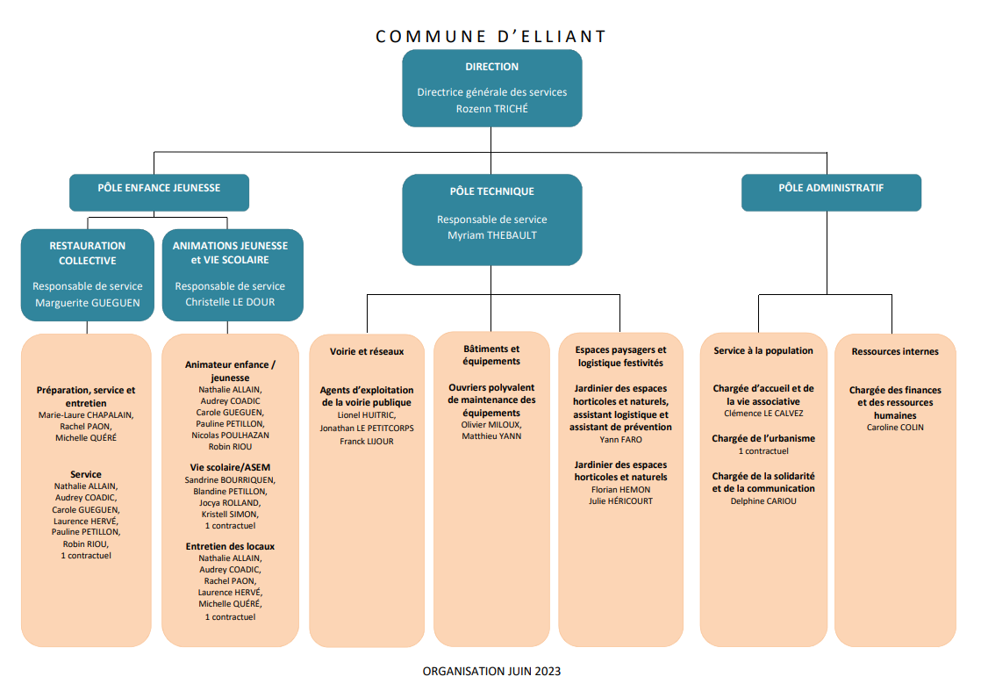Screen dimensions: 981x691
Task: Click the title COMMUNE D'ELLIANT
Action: click(491, 36)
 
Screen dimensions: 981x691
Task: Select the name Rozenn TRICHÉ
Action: click(491, 109)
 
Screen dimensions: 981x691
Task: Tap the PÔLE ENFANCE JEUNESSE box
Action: click(159, 192)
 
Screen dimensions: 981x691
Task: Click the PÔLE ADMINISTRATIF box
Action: click(831, 192)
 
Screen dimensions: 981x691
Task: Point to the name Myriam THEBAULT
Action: click(491, 235)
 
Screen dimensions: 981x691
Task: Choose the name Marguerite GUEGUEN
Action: click(88, 303)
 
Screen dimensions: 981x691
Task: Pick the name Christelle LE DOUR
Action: click(230, 302)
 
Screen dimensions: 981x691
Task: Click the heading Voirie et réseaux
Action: click(367, 352)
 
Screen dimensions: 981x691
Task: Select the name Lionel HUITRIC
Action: click(367, 415)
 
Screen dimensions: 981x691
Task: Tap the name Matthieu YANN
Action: click(491, 436)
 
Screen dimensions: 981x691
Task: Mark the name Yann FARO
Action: click(620, 439)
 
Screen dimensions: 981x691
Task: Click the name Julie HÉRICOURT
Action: click(620, 500)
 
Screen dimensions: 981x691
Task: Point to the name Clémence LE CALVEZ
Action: click(763, 413)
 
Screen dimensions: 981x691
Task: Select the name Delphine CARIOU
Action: click(763, 500)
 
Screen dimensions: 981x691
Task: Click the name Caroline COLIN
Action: click(895, 428)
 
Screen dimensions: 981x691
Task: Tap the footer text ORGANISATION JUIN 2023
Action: click(491, 671)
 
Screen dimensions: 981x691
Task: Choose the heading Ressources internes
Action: click(895, 352)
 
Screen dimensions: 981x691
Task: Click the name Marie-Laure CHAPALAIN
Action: click(86, 415)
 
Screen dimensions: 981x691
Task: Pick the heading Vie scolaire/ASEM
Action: click(230, 468)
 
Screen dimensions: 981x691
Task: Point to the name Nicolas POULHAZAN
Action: click(230, 435)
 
